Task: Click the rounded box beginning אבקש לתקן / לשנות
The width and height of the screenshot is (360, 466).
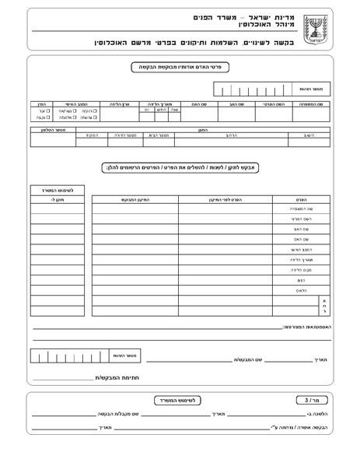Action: [180, 167]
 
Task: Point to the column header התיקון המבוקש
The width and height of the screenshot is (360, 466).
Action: [135, 199]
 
